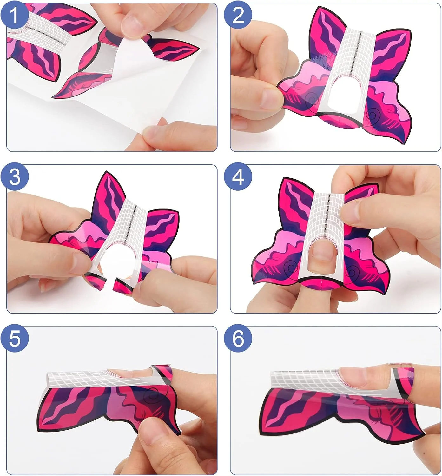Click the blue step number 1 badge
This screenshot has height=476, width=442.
[14, 16]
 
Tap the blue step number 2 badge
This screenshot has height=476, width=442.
[238, 16]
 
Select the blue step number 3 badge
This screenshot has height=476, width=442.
[14, 177]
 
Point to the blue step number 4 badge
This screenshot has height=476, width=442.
[238, 177]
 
